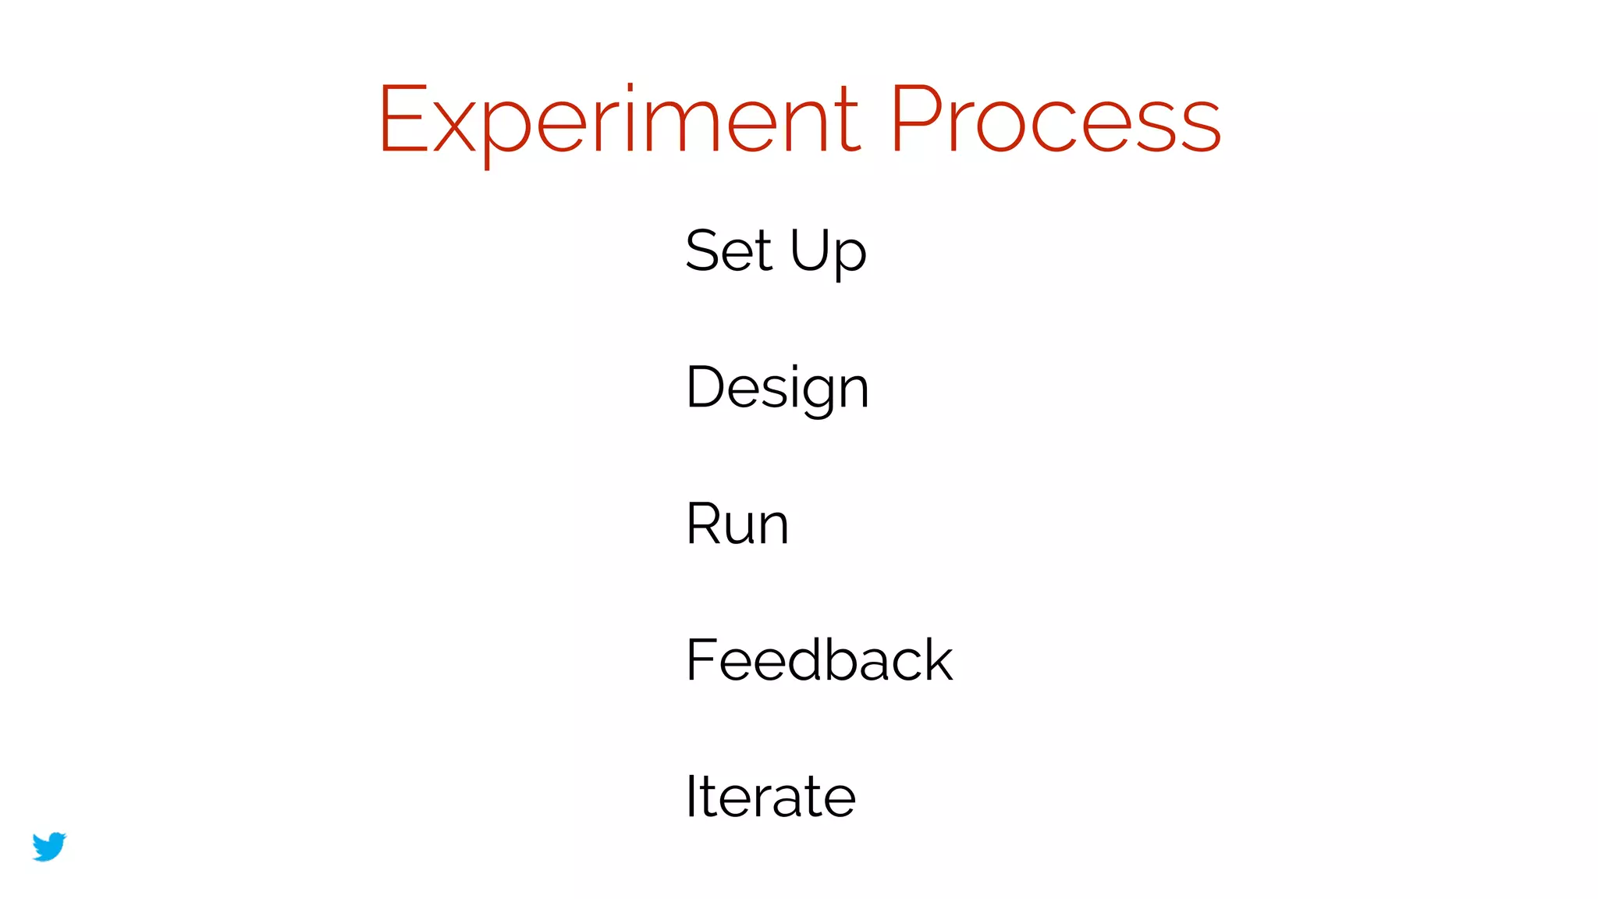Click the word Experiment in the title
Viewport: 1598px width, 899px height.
(x=620, y=119)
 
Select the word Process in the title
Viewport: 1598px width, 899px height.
(x=1055, y=119)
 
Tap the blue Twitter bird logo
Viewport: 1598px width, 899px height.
(x=49, y=846)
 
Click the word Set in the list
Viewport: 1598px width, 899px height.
(x=729, y=251)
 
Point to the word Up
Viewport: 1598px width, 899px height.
(x=828, y=252)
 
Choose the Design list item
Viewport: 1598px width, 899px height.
(x=777, y=388)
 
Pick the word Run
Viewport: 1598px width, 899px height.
(x=737, y=524)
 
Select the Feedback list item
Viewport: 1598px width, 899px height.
(x=819, y=660)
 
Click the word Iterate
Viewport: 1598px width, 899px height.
(x=771, y=797)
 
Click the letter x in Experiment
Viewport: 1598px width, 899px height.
(x=454, y=127)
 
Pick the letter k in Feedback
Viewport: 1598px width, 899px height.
(x=936, y=659)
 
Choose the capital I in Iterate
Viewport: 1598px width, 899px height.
(x=691, y=796)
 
